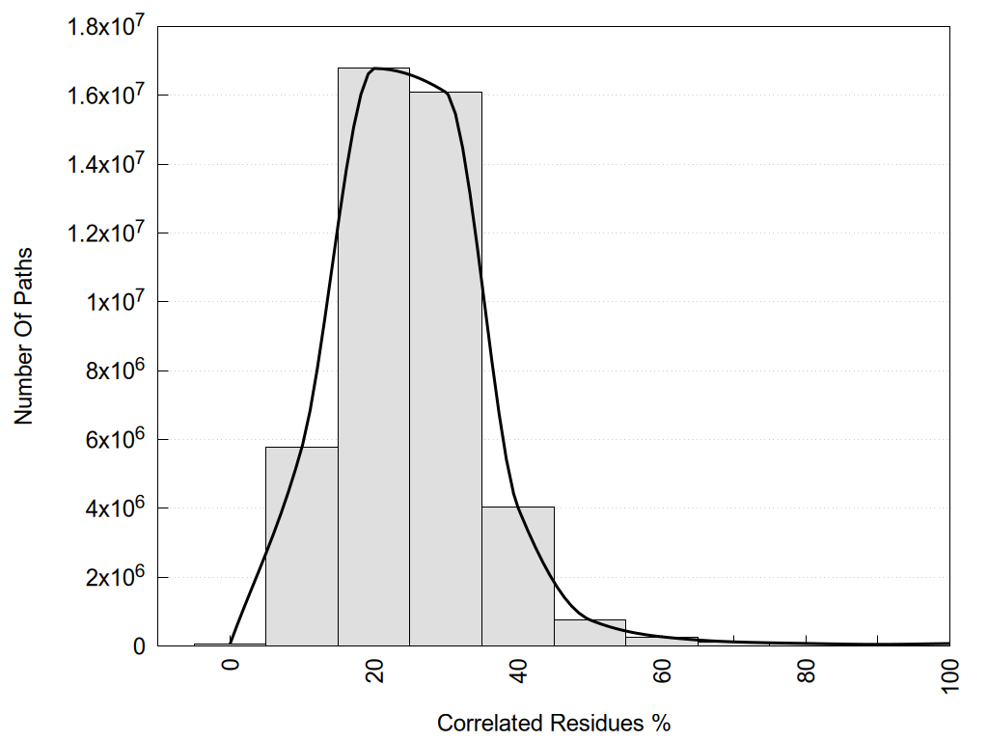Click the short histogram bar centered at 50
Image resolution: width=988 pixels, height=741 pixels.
click(x=590, y=633)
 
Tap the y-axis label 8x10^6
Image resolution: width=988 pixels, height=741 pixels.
click(x=114, y=370)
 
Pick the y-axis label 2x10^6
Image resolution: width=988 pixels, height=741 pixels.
click(x=114, y=577)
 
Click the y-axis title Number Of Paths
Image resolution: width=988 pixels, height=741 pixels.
click(x=23, y=336)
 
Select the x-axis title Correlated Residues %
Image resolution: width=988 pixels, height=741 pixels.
click(x=554, y=723)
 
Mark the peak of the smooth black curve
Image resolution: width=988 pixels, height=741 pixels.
click(x=377, y=69)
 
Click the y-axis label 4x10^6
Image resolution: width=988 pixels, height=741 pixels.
click(x=114, y=508)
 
